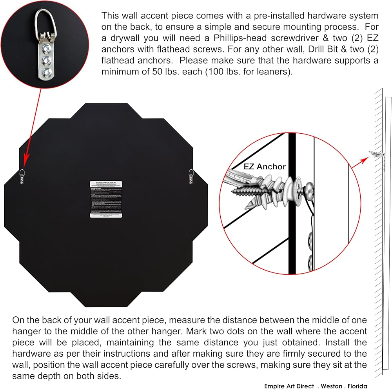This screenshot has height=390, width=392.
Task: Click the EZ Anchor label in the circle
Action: [x=265, y=166]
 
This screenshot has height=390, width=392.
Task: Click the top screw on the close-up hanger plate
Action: [x=46, y=48]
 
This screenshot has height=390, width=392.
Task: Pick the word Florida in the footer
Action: [x=355, y=386]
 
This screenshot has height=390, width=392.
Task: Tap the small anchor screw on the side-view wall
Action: [x=376, y=154]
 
